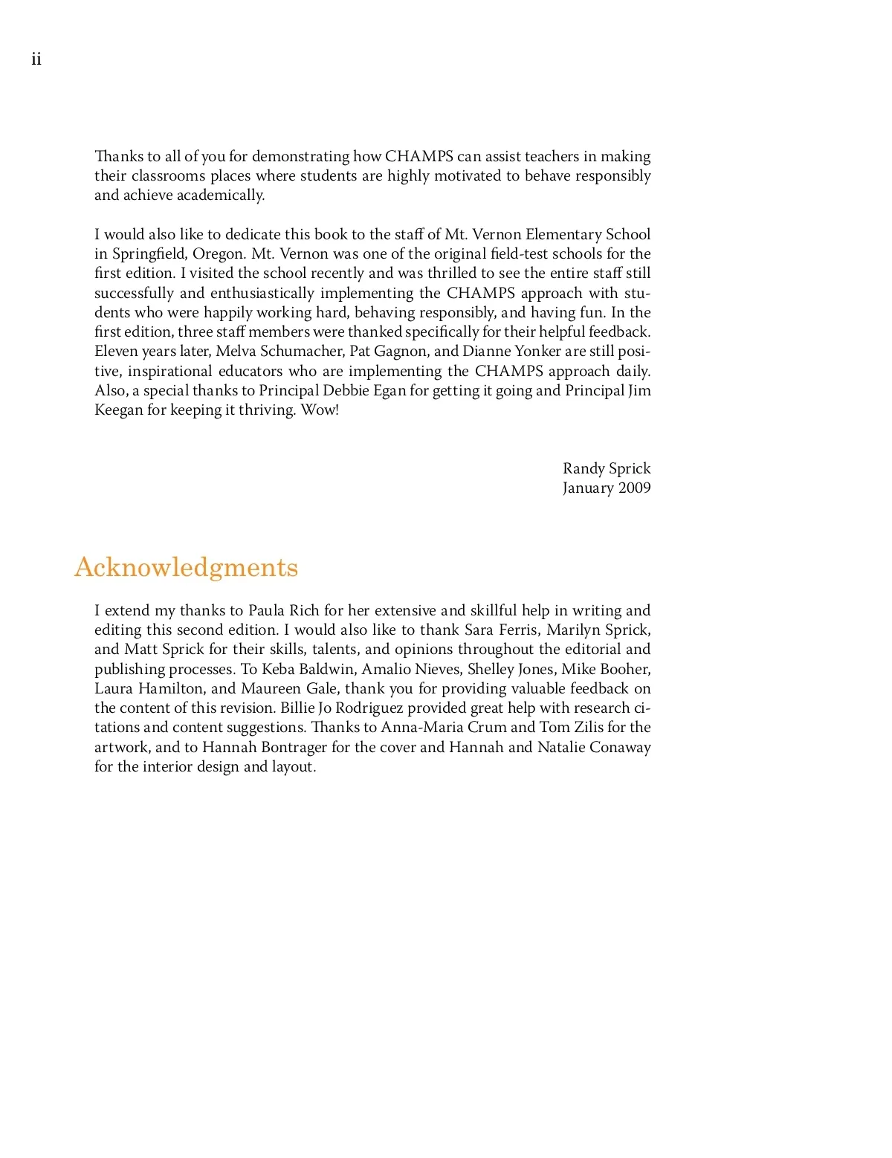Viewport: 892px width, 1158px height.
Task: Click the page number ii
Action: coord(36,59)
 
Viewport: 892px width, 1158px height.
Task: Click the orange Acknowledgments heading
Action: coord(186,567)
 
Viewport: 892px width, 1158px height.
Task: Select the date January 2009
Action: coord(606,488)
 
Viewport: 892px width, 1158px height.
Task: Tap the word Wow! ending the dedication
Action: coord(319,410)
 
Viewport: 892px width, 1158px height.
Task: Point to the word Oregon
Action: coord(219,253)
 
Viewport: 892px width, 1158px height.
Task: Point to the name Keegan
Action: coord(118,410)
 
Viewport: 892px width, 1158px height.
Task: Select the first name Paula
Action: coord(266,610)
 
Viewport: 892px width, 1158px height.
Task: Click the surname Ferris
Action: coord(519,630)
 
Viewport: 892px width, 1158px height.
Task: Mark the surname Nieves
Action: coord(438,669)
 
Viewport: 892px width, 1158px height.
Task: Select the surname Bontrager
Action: coord(292,747)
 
